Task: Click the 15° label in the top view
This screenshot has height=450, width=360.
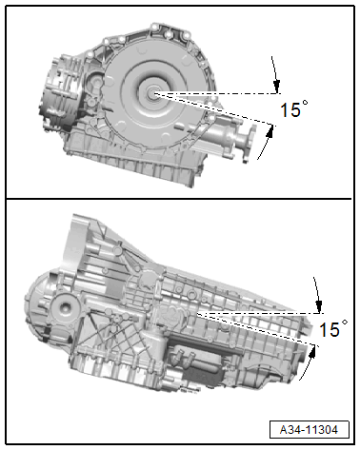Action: click(293, 109)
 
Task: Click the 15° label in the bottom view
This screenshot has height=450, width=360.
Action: click(332, 329)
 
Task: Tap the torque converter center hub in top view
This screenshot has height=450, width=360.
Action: click(154, 93)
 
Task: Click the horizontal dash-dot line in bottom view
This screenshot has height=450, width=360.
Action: click(257, 312)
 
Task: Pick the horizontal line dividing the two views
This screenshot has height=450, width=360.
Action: click(180, 198)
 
